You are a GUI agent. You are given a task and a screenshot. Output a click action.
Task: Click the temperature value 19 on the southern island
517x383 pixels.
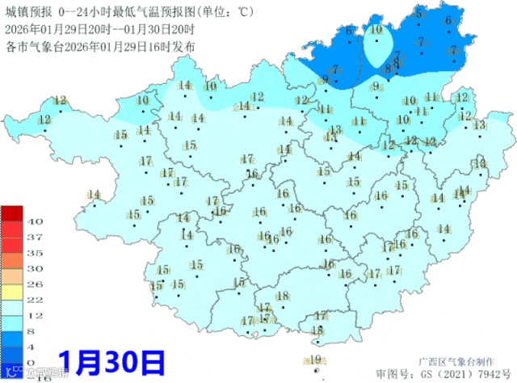pos(316,360)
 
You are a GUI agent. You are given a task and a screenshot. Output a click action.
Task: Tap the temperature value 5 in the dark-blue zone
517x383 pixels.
pos(418,14)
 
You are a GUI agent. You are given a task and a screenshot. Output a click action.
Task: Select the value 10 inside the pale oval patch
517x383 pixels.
pos(376,29)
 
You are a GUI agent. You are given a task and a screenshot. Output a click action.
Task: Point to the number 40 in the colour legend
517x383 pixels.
pos(35,221)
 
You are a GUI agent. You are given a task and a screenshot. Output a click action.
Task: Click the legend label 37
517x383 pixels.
pos(35,237)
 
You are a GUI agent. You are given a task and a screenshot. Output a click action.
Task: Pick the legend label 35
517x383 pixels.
pos(35,252)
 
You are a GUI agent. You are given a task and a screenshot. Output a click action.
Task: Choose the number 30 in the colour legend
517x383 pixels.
pos(35,268)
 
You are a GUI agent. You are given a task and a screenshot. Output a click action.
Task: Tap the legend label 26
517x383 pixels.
pos(35,284)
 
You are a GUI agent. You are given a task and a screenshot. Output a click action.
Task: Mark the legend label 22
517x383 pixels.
pos(35,300)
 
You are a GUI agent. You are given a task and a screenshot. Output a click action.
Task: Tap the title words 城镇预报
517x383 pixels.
pos(25,11)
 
